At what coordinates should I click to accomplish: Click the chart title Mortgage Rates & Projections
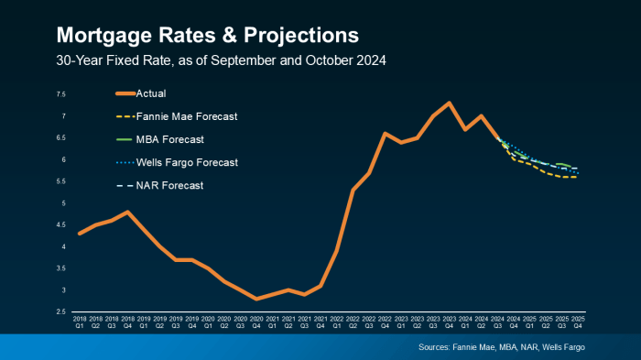[x=207, y=35]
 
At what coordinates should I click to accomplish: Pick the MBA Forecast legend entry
[x=169, y=139]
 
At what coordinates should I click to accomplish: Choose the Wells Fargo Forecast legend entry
[x=187, y=162]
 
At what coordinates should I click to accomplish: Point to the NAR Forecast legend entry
[x=169, y=185]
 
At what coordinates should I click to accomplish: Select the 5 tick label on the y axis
[x=62, y=203]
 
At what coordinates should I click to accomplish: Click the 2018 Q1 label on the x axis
[x=80, y=322]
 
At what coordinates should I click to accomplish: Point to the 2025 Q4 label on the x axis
[x=578, y=322]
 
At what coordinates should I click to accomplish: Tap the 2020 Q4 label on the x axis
[x=256, y=322]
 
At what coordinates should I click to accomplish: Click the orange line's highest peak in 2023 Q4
[x=449, y=103]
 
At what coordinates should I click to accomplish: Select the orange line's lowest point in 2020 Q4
[x=256, y=299]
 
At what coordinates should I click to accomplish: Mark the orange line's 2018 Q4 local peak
[x=128, y=212]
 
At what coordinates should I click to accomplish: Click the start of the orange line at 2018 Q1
[x=80, y=234]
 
